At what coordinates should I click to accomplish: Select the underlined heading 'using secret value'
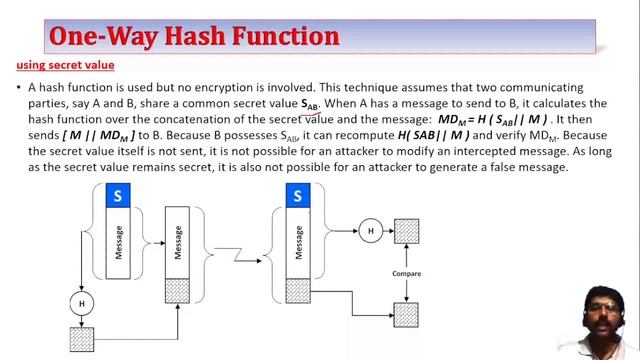click(65, 66)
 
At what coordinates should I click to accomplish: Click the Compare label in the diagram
click(405, 273)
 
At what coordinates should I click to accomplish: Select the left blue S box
click(118, 197)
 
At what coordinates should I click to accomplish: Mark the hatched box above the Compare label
click(406, 232)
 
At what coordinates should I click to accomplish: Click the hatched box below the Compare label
click(406, 313)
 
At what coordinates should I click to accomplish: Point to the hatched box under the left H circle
click(81, 337)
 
